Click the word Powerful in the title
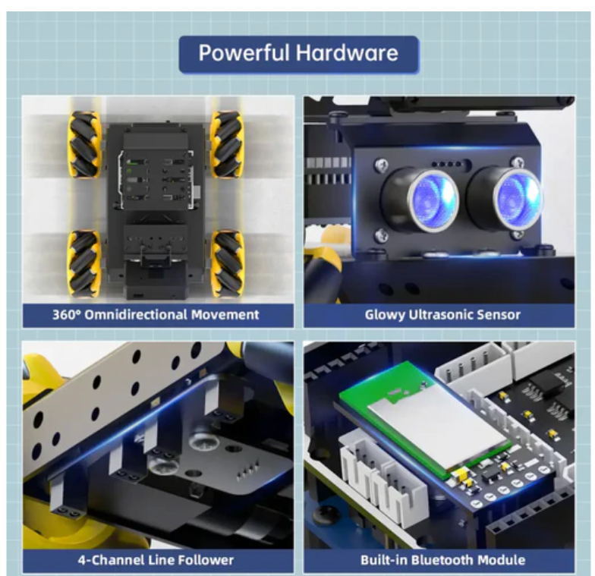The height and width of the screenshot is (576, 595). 244,52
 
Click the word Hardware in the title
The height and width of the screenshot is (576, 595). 348,52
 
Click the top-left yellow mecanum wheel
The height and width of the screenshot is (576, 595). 85,144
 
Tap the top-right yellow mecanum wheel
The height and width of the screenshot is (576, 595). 227,144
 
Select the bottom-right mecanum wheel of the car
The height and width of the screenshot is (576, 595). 228,263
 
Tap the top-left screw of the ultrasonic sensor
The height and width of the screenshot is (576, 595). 381,164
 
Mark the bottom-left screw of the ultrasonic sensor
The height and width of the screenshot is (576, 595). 381,235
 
